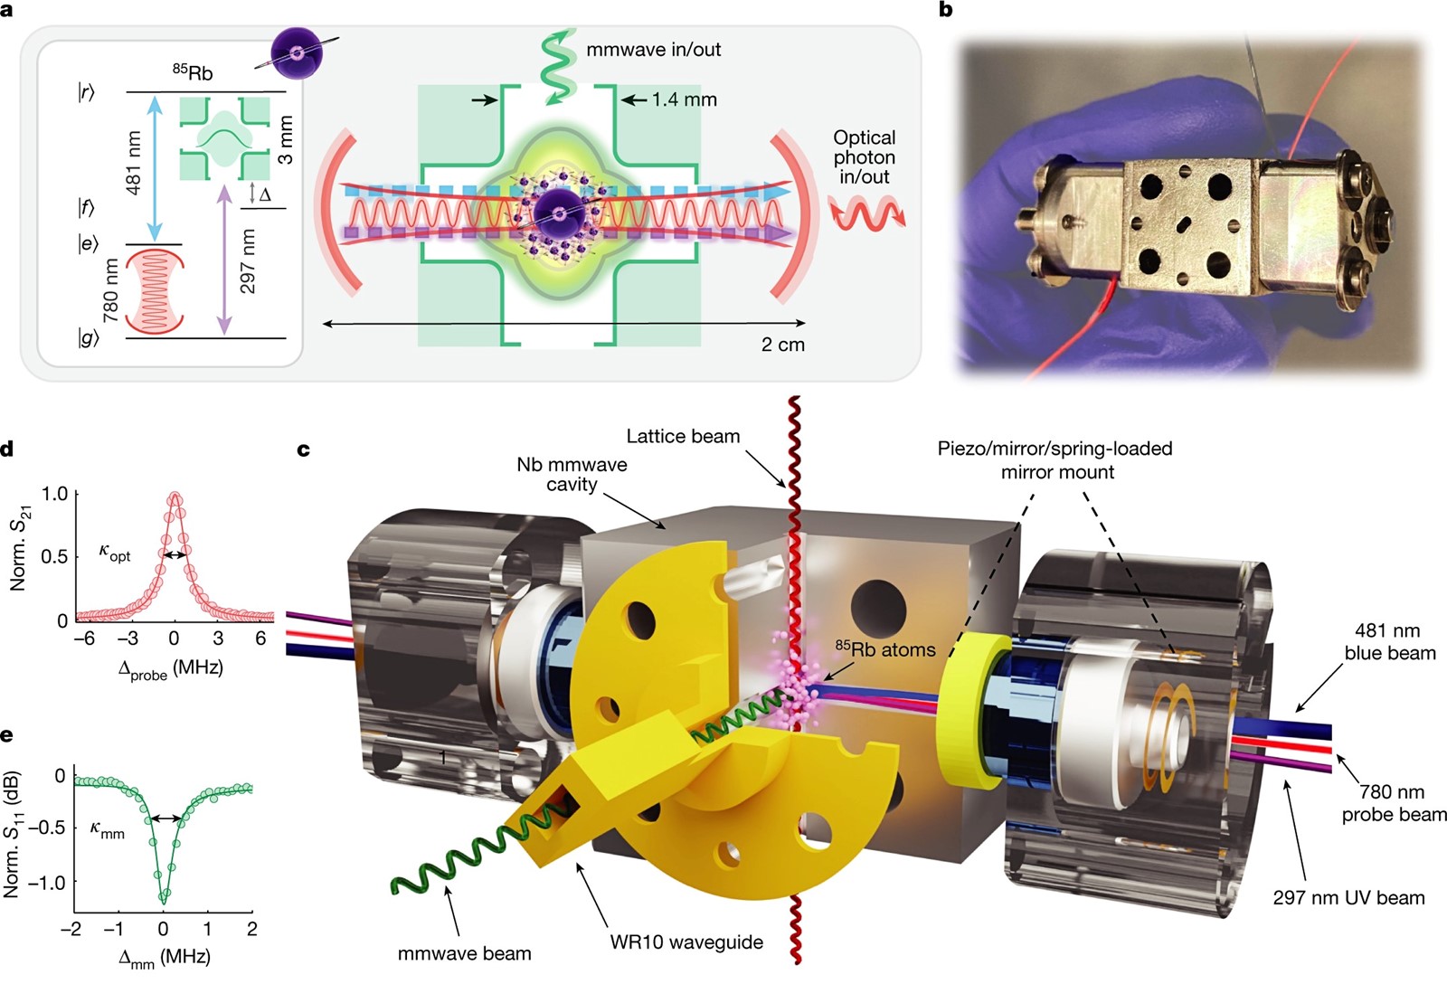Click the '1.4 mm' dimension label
[x=684, y=99]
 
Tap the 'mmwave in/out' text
[x=653, y=50]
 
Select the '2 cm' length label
[x=783, y=345]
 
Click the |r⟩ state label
[x=86, y=93]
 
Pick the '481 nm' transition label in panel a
[x=132, y=163]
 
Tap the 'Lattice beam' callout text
[x=683, y=436]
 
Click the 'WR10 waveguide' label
[x=686, y=942]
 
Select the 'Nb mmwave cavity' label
[x=572, y=474]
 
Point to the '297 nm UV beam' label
[x=1348, y=897]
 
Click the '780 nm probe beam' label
[x=1394, y=802]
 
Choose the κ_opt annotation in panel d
[x=114, y=553]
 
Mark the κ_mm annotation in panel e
[x=108, y=830]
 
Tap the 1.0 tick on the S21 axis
[x=54, y=495]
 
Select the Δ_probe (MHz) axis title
[x=171, y=669]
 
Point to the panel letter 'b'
[x=945, y=10]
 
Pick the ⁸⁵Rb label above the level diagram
[x=193, y=71]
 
